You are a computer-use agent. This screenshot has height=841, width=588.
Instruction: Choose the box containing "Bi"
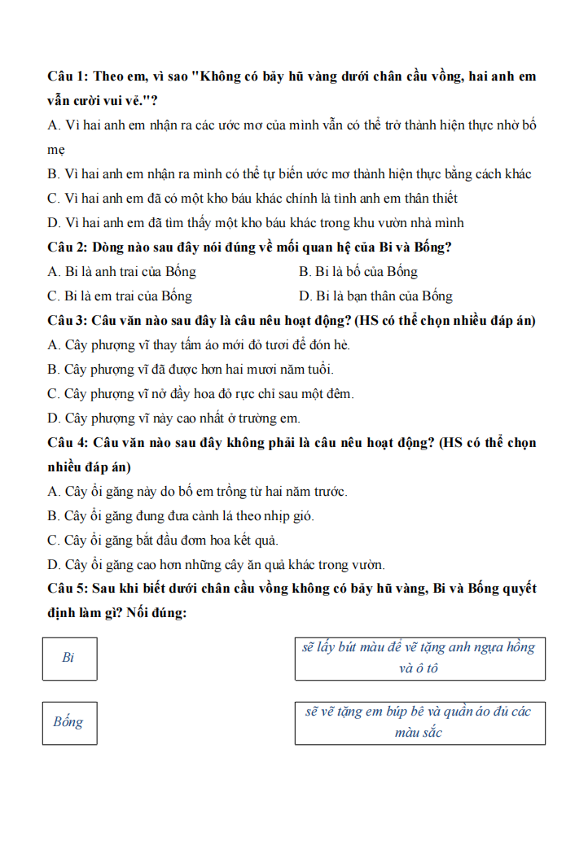point(69,658)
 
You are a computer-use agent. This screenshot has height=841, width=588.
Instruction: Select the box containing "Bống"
point(69,722)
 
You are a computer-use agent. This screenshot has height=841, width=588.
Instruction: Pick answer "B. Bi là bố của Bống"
point(358,272)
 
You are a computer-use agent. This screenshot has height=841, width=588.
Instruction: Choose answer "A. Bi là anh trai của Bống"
point(122,272)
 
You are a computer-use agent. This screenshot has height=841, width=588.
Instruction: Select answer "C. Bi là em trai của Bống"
point(121,296)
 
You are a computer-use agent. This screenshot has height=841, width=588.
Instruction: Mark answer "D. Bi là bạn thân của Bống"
point(375,296)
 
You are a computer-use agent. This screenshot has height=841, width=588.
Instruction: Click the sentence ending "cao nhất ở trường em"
point(174,418)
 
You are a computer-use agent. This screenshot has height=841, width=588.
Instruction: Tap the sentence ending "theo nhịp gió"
point(181,516)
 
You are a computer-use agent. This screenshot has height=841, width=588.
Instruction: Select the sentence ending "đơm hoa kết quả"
point(163,541)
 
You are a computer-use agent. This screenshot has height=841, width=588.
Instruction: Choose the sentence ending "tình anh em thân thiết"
point(252,198)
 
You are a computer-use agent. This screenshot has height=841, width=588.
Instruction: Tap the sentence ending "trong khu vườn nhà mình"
point(256,222)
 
